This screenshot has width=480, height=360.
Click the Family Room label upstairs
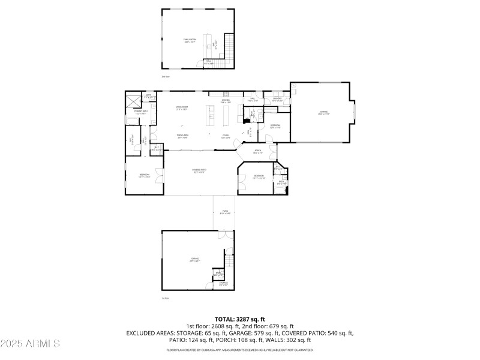point(190,41)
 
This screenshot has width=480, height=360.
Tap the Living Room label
point(182,108)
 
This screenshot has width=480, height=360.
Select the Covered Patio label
point(199,171)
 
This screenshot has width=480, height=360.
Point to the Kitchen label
point(226,101)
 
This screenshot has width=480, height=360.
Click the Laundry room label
point(277,100)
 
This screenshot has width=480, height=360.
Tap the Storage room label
point(223,283)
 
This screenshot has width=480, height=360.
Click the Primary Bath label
point(140,113)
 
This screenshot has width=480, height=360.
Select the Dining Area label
point(182,136)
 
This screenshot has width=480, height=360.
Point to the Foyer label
point(226,136)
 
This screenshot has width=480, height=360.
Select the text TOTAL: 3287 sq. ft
point(239,319)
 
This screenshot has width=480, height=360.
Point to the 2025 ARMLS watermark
point(30,344)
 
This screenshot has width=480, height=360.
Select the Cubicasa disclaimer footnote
point(239,349)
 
